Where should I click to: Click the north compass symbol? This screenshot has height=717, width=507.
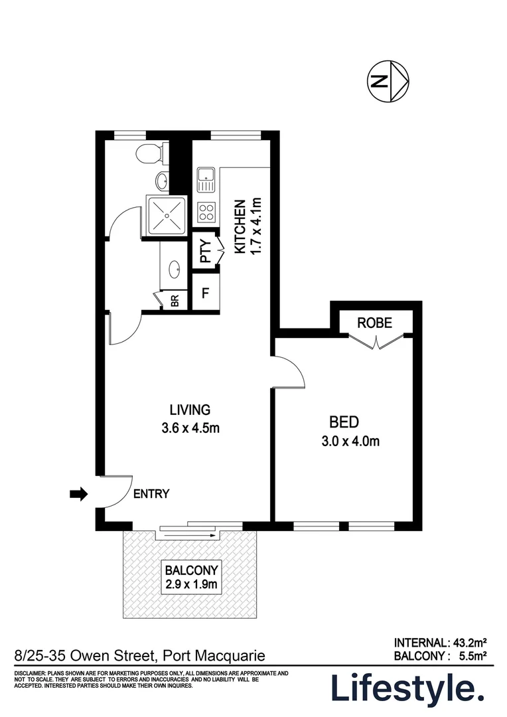pos(388,82)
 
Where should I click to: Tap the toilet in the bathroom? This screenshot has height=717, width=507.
pos(148,154)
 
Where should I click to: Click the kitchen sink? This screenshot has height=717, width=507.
pos(204,176)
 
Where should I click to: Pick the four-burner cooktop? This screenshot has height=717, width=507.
pos(206,212)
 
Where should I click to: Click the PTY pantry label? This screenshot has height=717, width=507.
pos(205,251)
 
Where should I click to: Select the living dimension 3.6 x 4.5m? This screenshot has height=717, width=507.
pos(190,428)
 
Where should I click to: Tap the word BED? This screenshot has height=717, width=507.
pos(344,422)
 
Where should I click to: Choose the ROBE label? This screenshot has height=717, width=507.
pos(374,323)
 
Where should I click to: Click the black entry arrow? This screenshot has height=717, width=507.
pos(79,494)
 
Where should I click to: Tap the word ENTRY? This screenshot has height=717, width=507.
pos(151,494)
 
